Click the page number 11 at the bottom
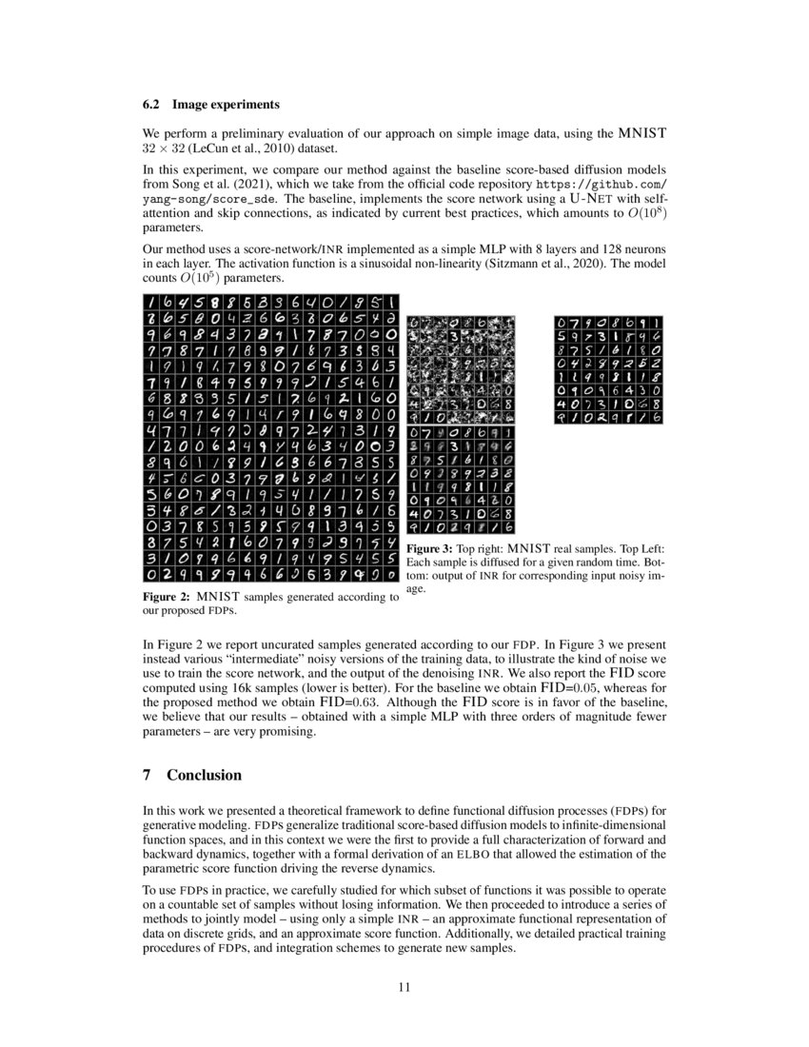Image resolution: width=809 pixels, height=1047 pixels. pos(404,987)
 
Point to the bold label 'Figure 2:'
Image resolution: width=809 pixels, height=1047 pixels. pos(168,597)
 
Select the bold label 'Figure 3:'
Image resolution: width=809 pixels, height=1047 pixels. pos(434,550)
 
